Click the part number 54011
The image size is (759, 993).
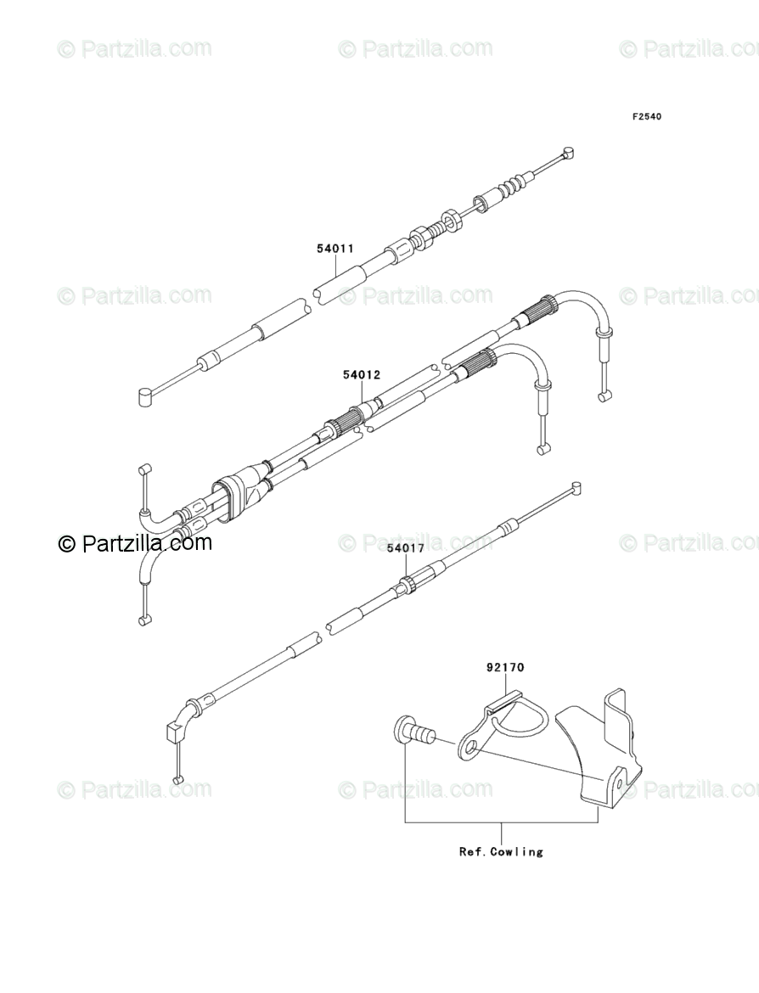[x=335, y=249]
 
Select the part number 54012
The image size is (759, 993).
[x=361, y=374]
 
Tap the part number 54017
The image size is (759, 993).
[x=405, y=548]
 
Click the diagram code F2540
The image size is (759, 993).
[x=646, y=116]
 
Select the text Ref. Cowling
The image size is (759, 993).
[x=501, y=851]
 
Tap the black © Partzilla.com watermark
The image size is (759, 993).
[x=135, y=543]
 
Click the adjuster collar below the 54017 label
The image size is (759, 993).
[x=406, y=584]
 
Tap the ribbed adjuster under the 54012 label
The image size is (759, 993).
[x=344, y=424]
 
